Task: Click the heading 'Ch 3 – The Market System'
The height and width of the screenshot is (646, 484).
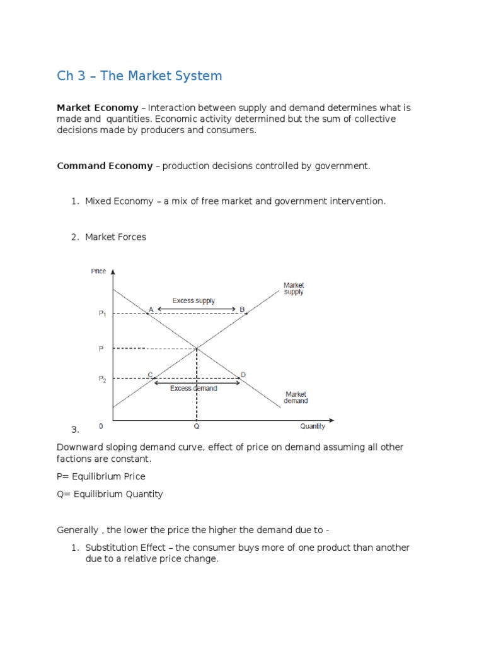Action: point(139,76)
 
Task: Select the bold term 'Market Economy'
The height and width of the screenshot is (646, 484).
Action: point(98,108)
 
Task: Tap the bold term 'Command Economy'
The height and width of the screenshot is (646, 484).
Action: point(105,166)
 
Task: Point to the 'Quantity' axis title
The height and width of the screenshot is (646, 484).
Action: point(313,426)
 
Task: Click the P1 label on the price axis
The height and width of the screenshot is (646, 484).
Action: point(102,314)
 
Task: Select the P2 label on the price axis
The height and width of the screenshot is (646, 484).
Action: point(102,379)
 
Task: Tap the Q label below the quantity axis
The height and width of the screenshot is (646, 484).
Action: point(197,426)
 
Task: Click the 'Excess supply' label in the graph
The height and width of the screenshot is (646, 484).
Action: point(193,301)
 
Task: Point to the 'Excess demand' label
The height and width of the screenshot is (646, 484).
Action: point(193,389)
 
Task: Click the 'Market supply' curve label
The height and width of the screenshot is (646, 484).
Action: point(294,289)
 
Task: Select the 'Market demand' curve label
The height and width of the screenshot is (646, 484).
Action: point(296,397)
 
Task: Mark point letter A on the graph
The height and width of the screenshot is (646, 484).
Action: point(150,309)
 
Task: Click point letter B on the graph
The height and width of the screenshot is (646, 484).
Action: point(242,309)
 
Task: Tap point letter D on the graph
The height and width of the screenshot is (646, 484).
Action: point(243,375)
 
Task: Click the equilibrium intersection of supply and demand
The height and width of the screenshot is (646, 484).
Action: point(197,348)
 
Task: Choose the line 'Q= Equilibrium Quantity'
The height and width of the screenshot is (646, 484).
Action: point(110,494)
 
